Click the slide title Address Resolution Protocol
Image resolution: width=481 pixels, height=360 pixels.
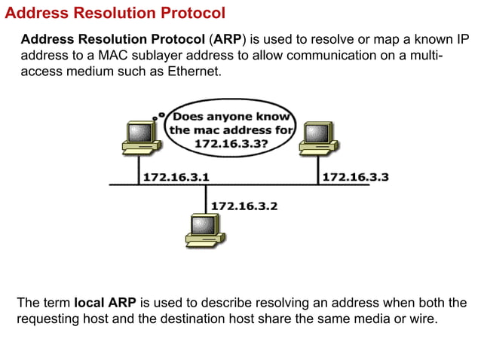[x=115, y=13]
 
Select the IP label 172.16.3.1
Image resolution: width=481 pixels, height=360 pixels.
[x=176, y=177]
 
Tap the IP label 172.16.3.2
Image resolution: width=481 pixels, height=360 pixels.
[x=244, y=205]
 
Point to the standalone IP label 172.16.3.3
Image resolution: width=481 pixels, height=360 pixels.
[x=356, y=177]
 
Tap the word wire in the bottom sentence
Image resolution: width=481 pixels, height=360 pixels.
[x=421, y=319]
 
